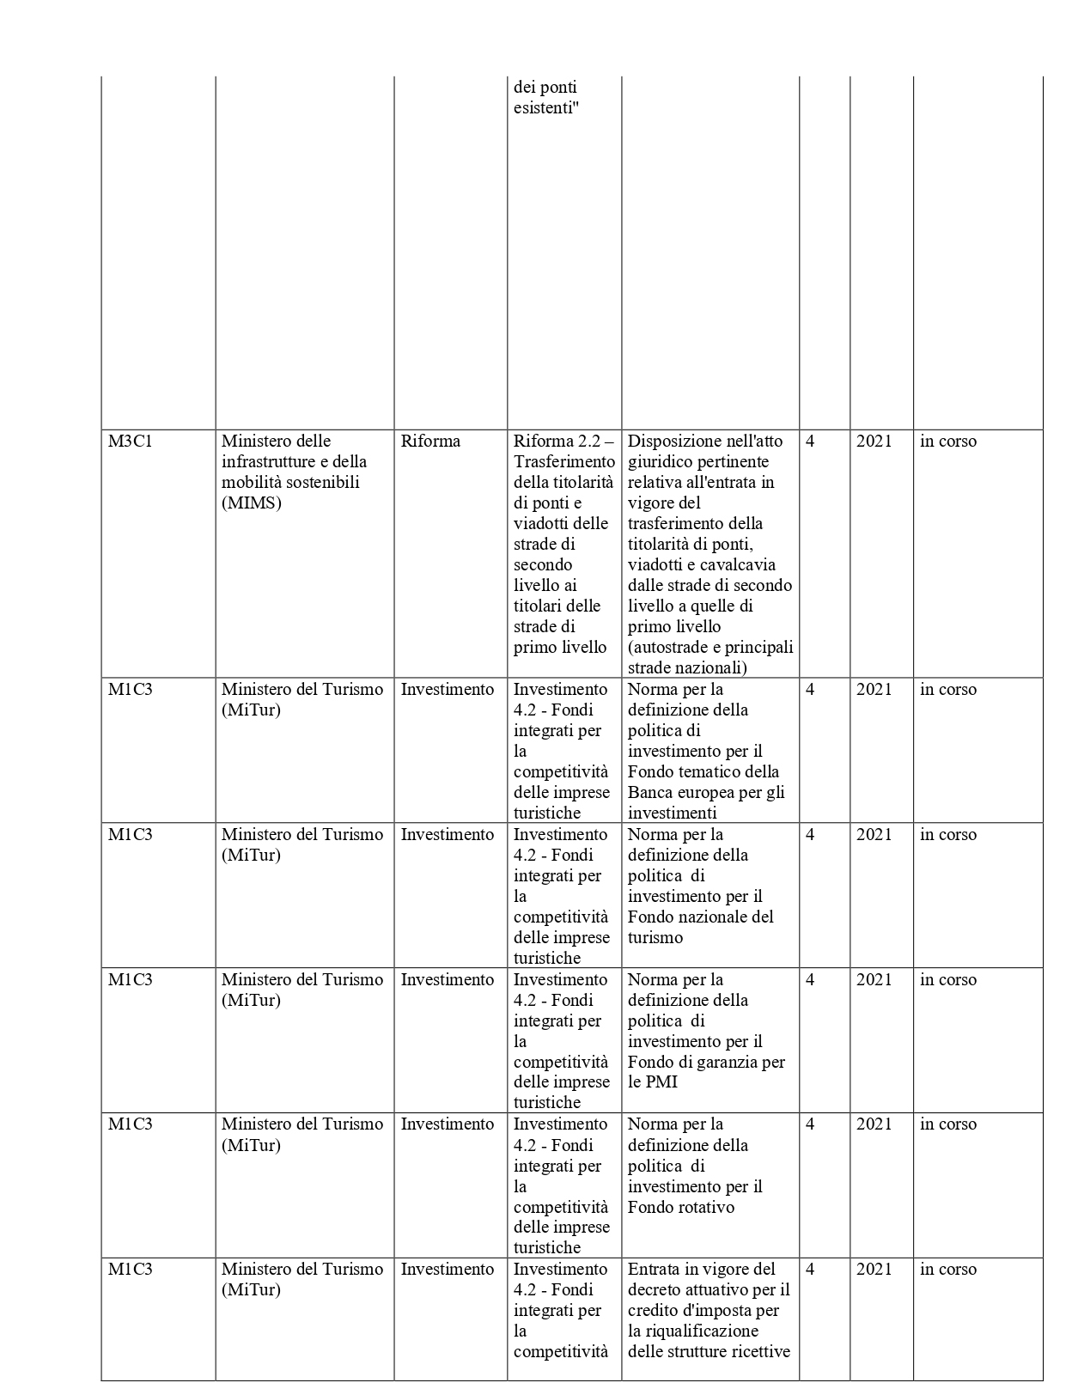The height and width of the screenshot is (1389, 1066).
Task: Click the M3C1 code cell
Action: click(130, 442)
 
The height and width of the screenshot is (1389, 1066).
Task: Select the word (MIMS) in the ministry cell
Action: click(251, 503)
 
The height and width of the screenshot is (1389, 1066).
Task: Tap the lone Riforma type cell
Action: click(430, 442)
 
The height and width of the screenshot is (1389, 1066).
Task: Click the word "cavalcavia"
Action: click(738, 565)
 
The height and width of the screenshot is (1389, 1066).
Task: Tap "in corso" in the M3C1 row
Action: click(948, 442)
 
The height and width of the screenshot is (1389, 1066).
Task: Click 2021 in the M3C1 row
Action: click(874, 442)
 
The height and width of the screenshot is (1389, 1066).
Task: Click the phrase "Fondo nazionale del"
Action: click(701, 917)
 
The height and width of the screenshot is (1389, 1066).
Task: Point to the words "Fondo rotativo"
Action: click(681, 1208)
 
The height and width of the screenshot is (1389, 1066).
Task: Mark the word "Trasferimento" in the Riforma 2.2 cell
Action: click(564, 462)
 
